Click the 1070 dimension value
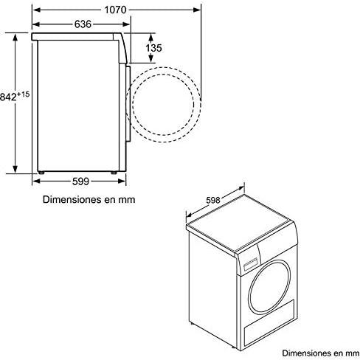point(115,10)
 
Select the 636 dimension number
point(83,24)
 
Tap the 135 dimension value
point(153,48)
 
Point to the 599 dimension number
point(80,181)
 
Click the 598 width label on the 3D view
point(213,201)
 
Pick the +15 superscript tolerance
point(23,94)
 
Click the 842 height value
point(8,97)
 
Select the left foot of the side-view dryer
point(41,173)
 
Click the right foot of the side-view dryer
point(114,173)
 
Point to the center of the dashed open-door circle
point(163,105)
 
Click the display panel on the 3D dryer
point(251,263)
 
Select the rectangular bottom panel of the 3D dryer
point(269,322)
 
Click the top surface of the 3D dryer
point(239,223)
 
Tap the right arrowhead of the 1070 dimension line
point(197,10)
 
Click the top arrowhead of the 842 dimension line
point(15,38)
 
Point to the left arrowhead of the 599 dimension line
point(36,181)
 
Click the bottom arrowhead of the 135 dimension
point(151,58)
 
